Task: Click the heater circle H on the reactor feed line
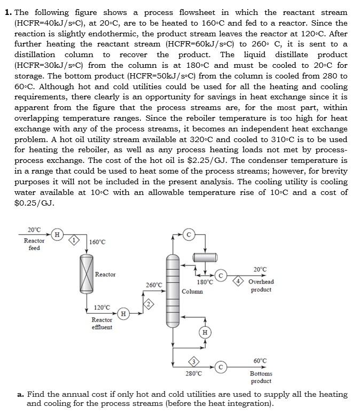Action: [x=57, y=233]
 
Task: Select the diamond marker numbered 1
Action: [x=76, y=241]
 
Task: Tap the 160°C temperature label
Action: [x=97, y=242]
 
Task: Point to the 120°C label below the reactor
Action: [x=102, y=308]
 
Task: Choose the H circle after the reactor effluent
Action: [x=124, y=314]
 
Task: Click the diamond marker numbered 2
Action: [x=150, y=304]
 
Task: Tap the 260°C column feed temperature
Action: [x=154, y=285]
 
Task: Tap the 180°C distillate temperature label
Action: [x=205, y=281]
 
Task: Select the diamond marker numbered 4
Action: [x=240, y=281]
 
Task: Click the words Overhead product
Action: [x=261, y=285]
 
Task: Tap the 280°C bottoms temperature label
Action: [x=193, y=373]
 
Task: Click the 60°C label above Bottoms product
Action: [x=260, y=361]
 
